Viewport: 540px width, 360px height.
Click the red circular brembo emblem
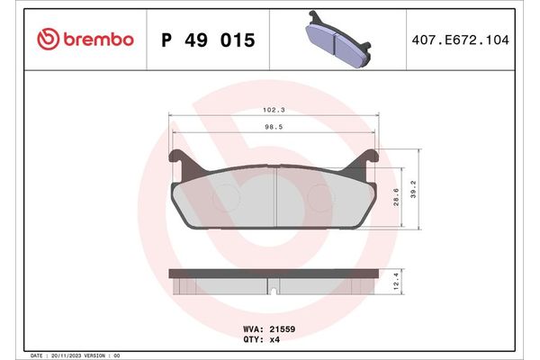pyautogui.click(x=49, y=40)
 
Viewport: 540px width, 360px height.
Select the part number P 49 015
pyautogui.click(x=207, y=40)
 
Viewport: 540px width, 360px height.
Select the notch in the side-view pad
pyautogui.click(x=274, y=290)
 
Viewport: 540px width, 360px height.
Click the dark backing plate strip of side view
pyautogui.click(x=274, y=272)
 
